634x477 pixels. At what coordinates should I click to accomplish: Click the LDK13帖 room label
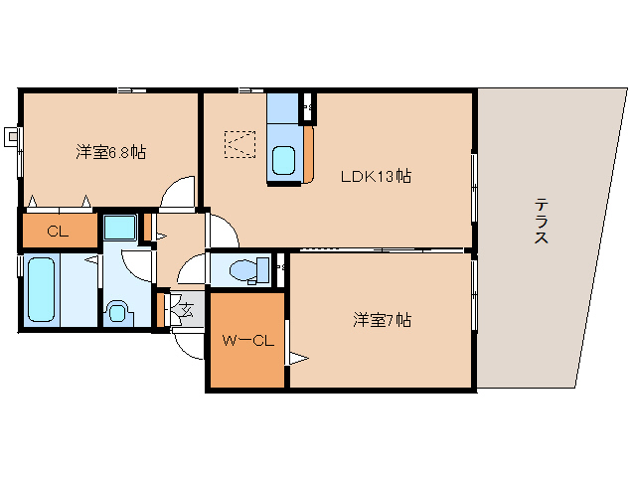coord(376,177)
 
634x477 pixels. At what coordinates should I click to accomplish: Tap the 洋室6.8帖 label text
coord(111,152)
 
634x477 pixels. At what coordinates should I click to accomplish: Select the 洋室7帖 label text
coord(383,320)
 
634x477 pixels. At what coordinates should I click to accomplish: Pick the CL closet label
coord(57,233)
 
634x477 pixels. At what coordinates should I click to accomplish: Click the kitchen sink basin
coord(284,158)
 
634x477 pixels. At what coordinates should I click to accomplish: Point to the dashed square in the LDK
coord(239,145)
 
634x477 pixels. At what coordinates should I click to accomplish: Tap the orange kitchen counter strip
coord(308,154)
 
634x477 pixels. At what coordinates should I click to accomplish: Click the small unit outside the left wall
coord(11,135)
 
